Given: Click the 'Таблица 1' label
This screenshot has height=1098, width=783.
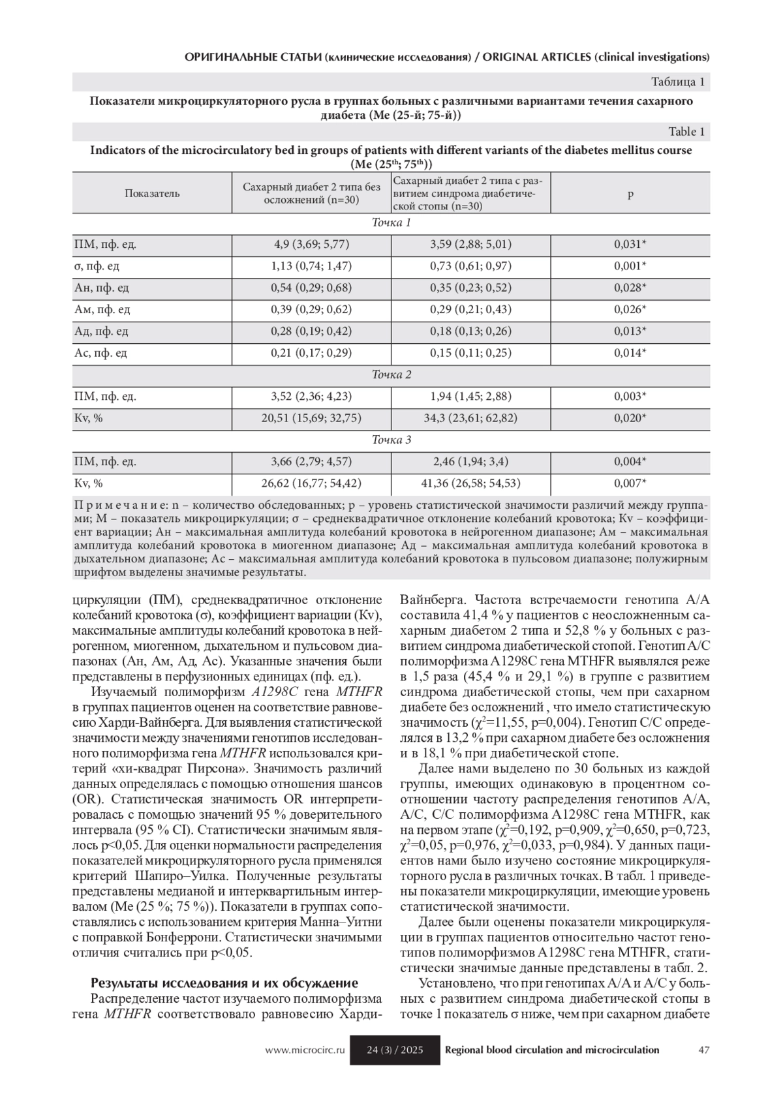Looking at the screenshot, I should point(678,82).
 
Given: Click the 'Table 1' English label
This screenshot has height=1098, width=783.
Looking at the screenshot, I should point(683,132).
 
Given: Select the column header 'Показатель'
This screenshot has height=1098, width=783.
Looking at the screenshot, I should point(152,193).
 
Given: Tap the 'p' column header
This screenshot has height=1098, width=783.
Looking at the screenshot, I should point(630,193).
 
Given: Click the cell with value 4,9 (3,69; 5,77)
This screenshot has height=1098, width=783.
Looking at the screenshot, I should point(311,245).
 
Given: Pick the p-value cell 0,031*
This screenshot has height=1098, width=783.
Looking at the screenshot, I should point(630,245).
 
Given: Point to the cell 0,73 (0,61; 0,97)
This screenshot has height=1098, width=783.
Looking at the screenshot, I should point(470,266).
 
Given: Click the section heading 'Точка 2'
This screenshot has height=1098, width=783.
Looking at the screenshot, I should point(391,375).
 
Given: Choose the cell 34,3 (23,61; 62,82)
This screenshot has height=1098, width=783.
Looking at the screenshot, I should point(470,418).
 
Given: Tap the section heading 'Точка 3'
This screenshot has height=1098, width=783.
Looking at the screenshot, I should point(391,440).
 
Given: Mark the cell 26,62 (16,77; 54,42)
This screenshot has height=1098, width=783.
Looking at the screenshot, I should point(311,483).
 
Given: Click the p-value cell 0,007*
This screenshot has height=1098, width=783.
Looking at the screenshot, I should point(630,483).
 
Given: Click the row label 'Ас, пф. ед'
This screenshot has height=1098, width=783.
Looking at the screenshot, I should point(100,353).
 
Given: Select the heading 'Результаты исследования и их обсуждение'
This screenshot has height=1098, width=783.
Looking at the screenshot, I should point(224,983).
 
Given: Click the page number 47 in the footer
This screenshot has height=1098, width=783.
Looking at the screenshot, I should point(703,1050).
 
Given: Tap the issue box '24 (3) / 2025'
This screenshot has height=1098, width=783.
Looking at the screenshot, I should point(395,1050).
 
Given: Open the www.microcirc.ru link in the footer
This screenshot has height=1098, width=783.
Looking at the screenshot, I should point(304,1050).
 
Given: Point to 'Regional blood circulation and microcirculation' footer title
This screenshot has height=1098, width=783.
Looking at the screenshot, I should point(551,1050).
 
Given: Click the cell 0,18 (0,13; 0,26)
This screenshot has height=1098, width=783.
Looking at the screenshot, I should point(470,331).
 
